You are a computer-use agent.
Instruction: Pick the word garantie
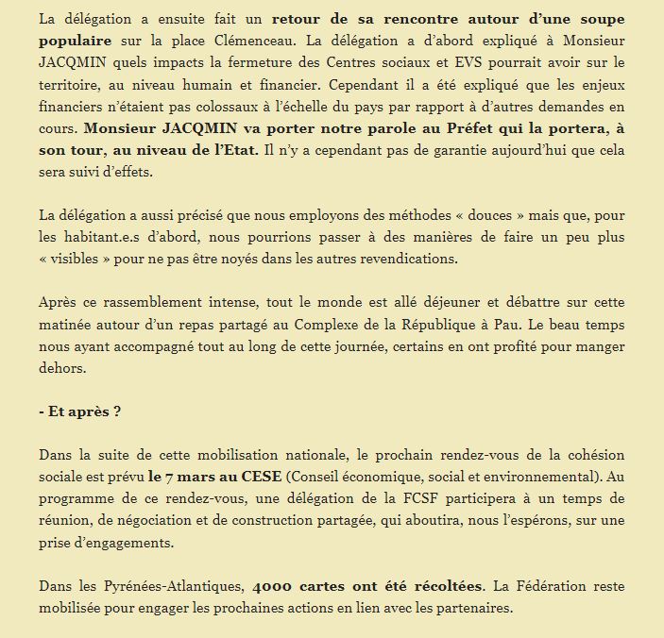pyautogui.click(x=484, y=150)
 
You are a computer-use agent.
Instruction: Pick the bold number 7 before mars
pyautogui.click(x=152, y=476)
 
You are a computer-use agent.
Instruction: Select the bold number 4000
pyautogui.click(x=275, y=585)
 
